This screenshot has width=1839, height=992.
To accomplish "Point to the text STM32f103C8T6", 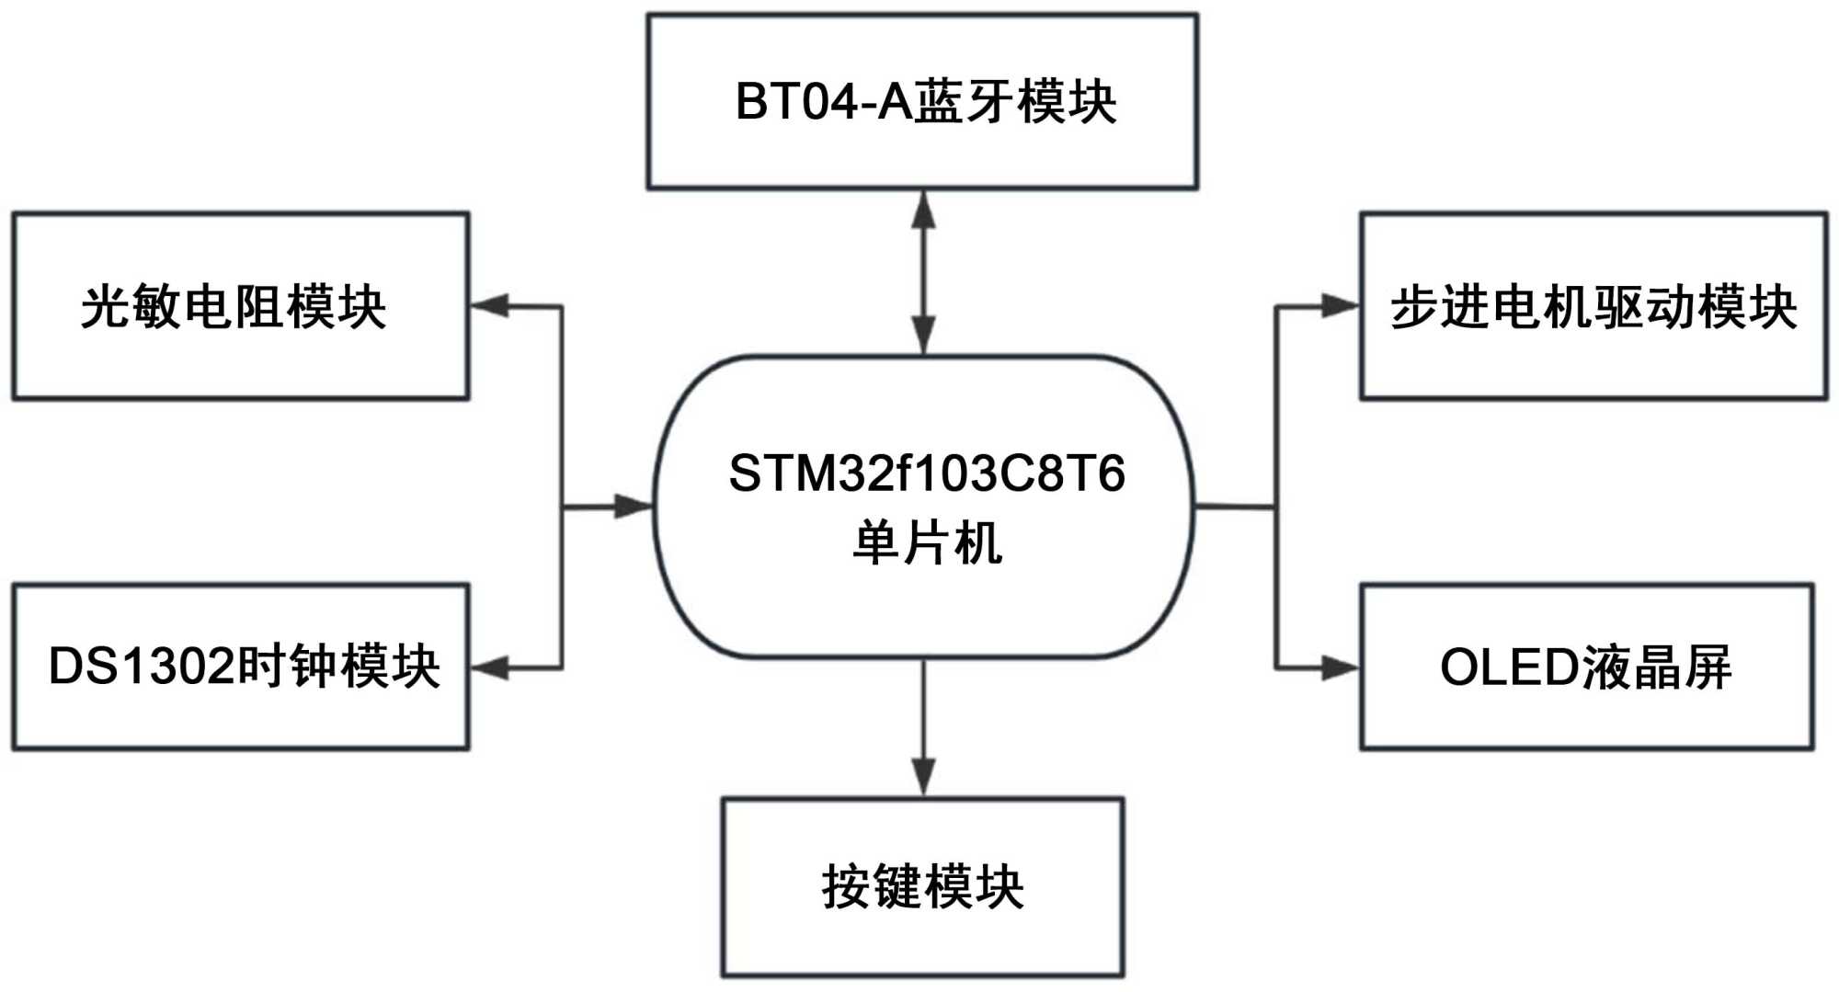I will (926, 474).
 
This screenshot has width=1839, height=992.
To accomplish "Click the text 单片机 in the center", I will (926, 542).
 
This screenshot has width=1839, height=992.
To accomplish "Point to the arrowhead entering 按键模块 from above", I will (923, 778).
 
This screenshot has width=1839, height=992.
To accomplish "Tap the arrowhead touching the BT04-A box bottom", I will (923, 210).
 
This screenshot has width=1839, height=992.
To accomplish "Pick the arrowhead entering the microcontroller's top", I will (923, 336).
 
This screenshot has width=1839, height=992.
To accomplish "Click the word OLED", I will (1509, 667).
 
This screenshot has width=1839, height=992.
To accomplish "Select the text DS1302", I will (142, 667).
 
